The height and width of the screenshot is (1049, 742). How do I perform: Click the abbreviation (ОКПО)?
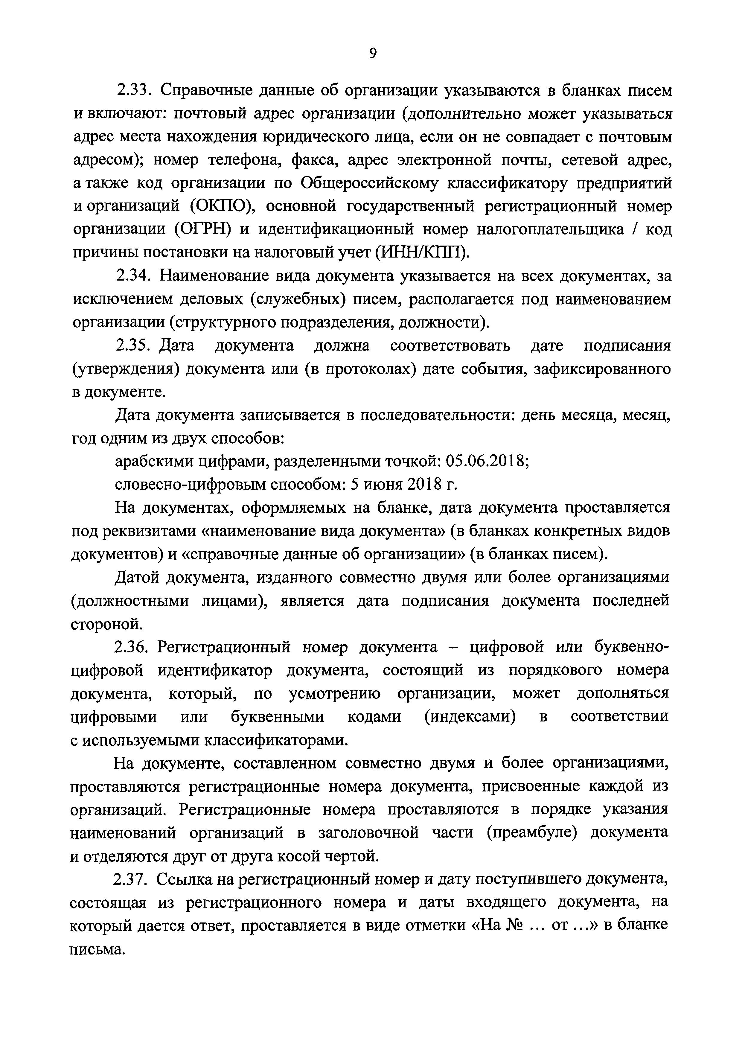(222, 206)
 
